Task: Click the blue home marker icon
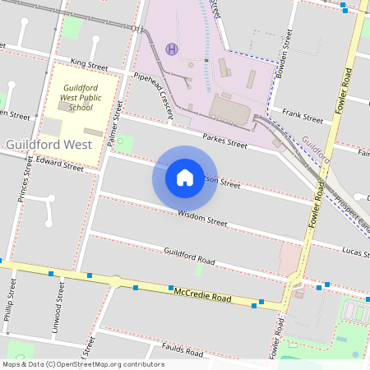pos(185,177)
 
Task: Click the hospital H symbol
pos(171,49)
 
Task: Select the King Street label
pos(89,63)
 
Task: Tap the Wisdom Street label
pos(202,218)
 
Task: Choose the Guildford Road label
pos(189,257)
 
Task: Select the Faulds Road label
pos(182,351)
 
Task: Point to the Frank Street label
pos(302,116)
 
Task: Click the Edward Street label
pos(59,164)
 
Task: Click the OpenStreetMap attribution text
pos(82,364)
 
